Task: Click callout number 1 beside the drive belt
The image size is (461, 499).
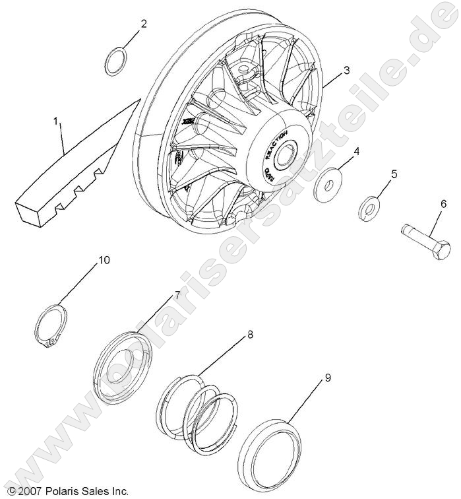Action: click(56, 121)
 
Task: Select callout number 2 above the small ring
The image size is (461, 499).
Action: click(143, 24)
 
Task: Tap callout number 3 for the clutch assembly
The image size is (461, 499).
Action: click(346, 69)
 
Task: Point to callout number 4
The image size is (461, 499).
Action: click(357, 152)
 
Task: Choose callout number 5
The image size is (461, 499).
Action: click(394, 174)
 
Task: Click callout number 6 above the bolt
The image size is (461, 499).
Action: click(443, 205)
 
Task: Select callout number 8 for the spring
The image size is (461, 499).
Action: click(250, 335)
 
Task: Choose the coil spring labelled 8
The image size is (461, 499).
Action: click(197, 409)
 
